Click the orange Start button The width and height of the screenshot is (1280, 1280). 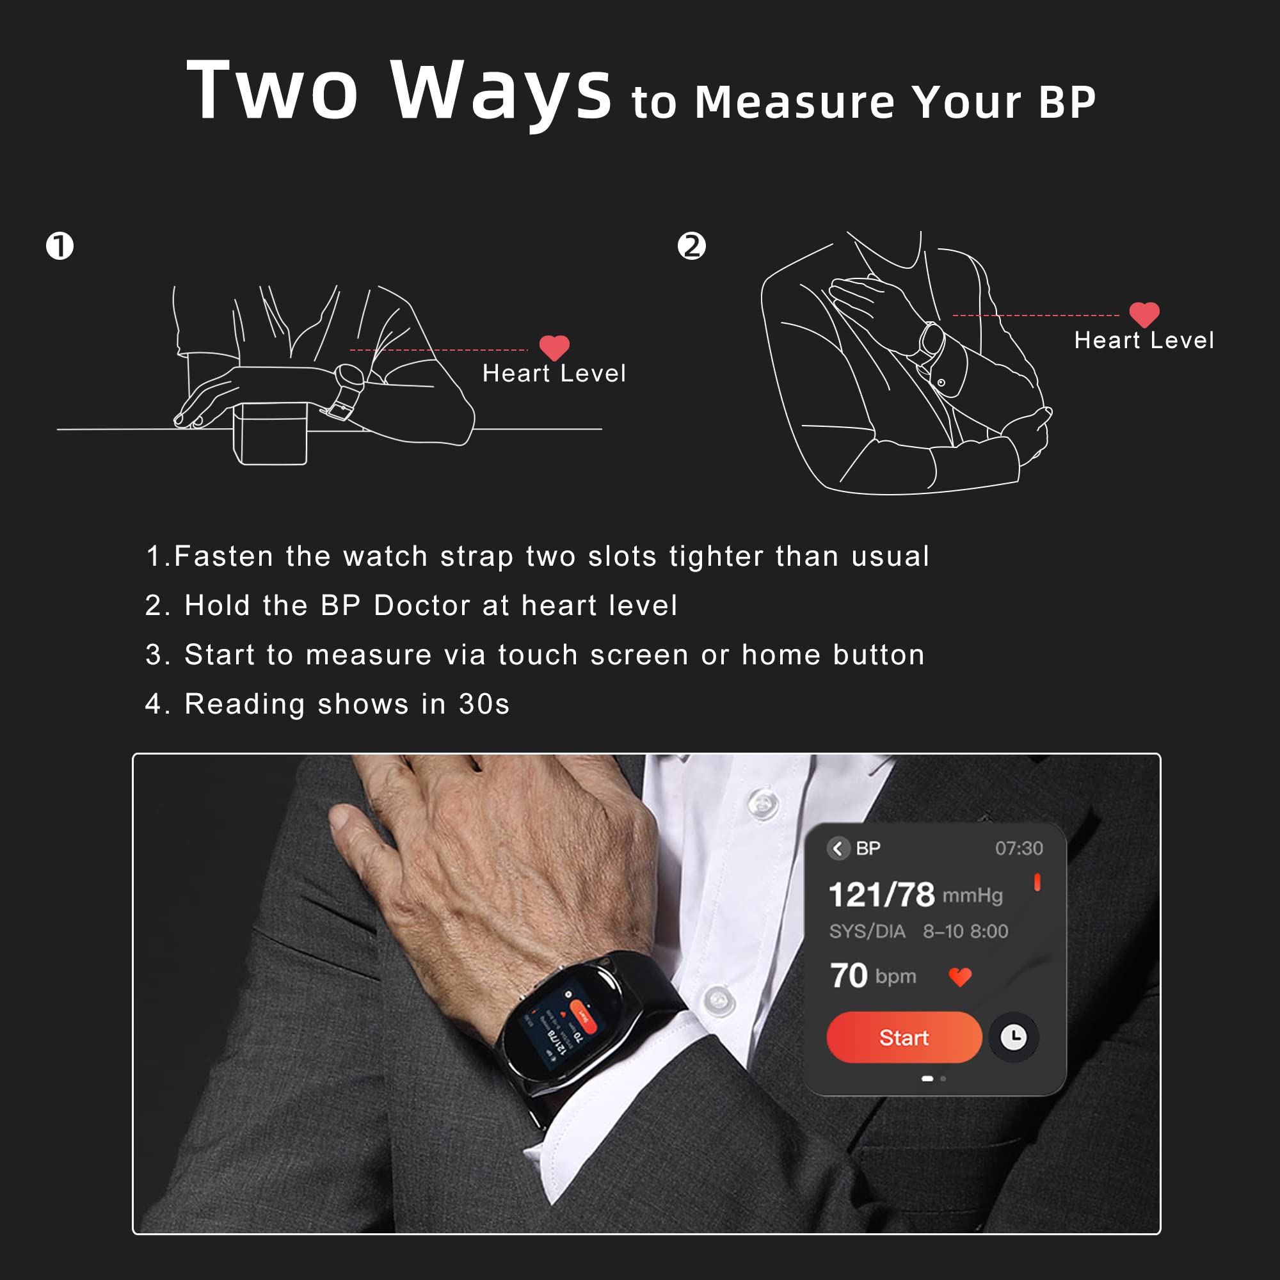904,1037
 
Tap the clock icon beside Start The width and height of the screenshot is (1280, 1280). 1013,1037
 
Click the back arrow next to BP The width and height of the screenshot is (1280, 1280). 839,849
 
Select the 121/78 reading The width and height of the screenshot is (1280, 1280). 882,895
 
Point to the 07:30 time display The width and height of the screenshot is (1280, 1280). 1018,849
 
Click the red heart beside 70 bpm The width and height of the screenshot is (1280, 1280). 960,977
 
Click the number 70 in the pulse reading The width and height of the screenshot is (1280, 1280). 849,976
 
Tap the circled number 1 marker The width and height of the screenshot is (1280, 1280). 60,246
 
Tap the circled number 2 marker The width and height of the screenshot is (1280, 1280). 692,246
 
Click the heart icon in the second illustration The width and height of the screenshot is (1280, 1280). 1144,314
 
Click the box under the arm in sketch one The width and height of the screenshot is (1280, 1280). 270,434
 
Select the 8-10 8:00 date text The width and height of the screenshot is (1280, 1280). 965,931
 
